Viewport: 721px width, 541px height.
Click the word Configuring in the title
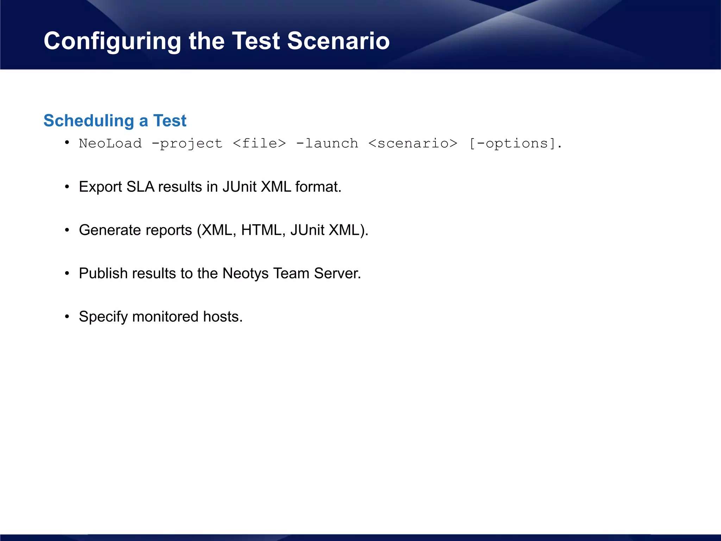point(112,41)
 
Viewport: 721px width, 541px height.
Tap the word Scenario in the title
point(338,41)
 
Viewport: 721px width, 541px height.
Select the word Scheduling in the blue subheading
point(89,121)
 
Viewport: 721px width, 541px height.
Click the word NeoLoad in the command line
point(110,143)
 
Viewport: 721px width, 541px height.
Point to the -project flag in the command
point(187,143)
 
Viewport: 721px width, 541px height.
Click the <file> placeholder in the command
point(259,143)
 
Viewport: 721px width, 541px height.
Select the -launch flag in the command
point(327,143)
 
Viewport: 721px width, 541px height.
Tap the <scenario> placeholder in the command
point(413,143)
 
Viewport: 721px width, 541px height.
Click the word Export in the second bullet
point(100,187)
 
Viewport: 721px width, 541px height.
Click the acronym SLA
point(140,187)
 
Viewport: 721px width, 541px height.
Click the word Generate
point(110,230)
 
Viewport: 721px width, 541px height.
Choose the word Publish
point(103,273)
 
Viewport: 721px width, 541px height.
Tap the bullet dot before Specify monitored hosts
point(67,317)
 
